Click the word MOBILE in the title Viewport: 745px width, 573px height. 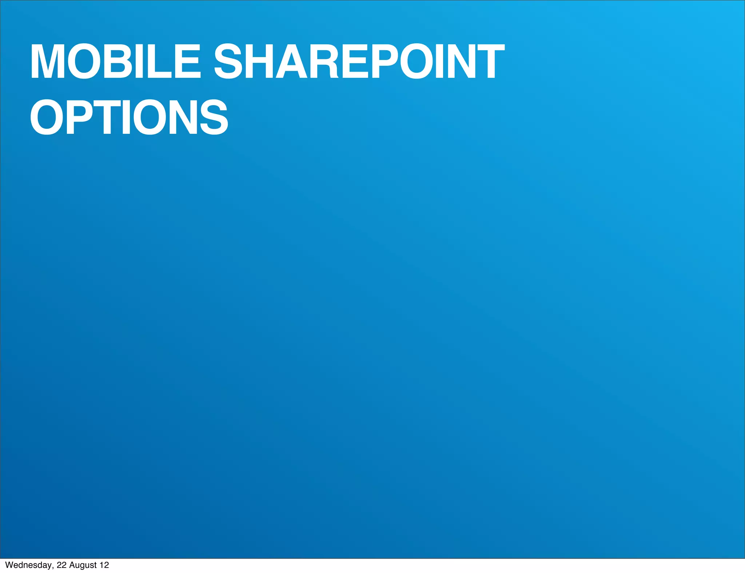(x=115, y=61)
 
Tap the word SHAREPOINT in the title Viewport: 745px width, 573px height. (x=359, y=61)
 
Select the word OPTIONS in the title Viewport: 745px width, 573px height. (x=129, y=117)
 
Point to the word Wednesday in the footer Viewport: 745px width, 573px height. (x=28, y=565)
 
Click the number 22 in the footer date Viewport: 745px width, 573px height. (x=61, y=565)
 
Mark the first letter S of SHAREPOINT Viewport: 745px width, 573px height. (x=228, y=61)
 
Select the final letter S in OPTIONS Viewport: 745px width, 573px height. (x=213, y=117)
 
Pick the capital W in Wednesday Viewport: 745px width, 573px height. (x=9, y=565)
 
